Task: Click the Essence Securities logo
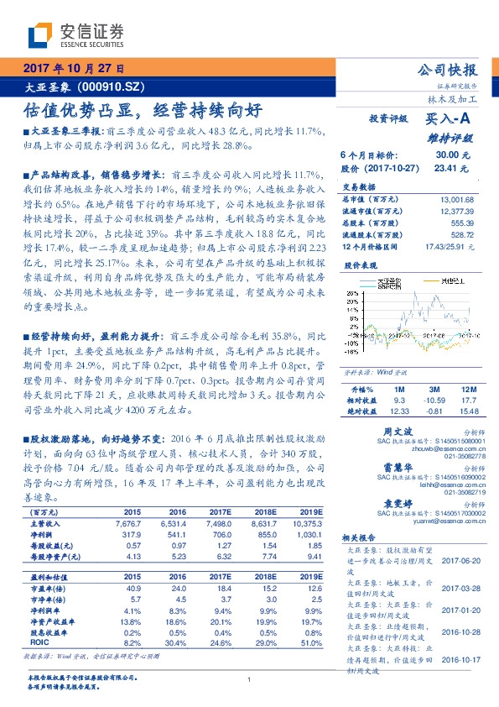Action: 75,34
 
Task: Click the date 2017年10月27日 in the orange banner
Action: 73,68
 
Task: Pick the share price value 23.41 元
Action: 446,168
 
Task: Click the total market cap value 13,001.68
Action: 456,199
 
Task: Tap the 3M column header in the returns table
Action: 411,390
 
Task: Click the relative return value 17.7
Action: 456,401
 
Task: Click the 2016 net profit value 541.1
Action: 177,534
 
